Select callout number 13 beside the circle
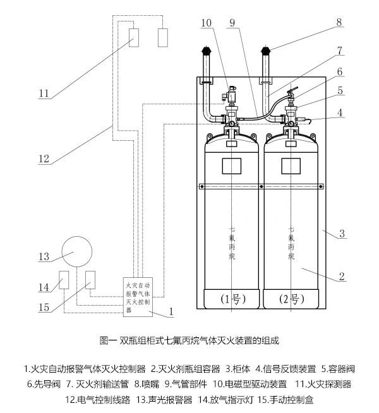pos(43,256)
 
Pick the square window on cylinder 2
pos(291,165)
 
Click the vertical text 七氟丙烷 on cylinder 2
pos(291,243)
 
